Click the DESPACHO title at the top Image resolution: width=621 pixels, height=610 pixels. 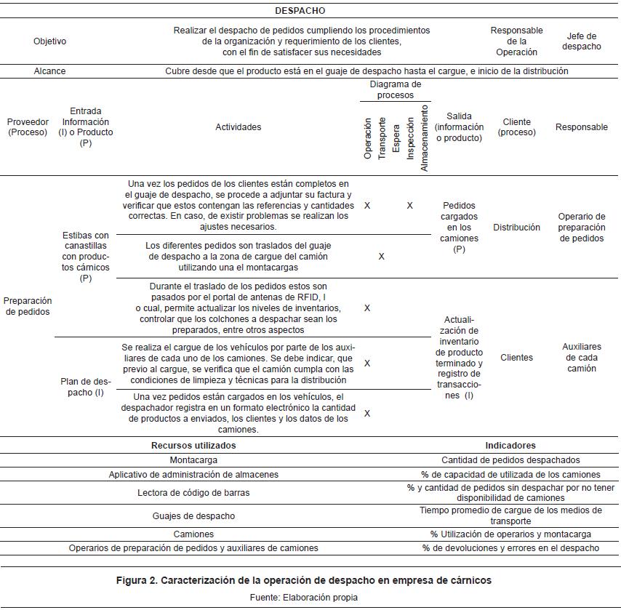(x=300, y=11)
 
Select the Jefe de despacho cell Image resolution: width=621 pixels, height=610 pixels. (x=581, y=41)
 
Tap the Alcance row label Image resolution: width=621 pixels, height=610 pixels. (x=49, y=71)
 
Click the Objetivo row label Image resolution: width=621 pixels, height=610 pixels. (x=49, y=41)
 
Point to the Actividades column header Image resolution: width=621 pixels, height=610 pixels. (x=238, y=127)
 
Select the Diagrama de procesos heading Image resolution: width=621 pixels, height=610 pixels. (x=391, y=90)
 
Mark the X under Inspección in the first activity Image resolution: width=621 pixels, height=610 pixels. (x=409, y=206)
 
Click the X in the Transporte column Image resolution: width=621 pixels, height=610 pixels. (x=382, y=257)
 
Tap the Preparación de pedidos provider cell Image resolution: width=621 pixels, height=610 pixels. (x=28, y=306)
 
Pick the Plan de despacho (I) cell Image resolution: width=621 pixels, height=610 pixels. (x=85, y=387)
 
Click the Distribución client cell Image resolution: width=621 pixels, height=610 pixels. (x=516, y=228)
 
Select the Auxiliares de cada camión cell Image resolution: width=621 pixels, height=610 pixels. (x=581, y=358)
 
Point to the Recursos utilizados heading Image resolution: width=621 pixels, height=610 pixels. (x=193, y=446)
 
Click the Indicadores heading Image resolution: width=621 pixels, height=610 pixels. (x=510, y=446)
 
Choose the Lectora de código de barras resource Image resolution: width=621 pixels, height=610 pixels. (x=193, y=493)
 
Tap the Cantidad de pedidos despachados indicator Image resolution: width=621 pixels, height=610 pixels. (x=510, y=460)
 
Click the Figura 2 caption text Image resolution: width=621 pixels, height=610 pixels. (x=304, y=580)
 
